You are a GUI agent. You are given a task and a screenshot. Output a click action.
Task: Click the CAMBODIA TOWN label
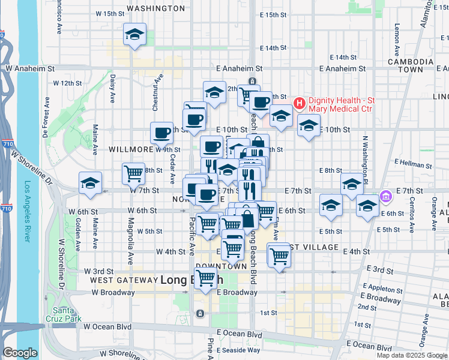pos(411,65)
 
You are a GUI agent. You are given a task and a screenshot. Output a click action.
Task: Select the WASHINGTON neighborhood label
pos(156,8)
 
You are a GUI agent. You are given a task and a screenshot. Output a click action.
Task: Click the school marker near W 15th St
pos(134,34)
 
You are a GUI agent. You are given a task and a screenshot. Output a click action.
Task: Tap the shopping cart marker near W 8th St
pos(133,173)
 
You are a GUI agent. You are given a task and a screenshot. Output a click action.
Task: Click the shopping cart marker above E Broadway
pos(206,278)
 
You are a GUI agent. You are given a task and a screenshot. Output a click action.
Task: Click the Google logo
pos(20,353)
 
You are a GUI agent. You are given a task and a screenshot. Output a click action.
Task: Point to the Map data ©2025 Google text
pos(412,355)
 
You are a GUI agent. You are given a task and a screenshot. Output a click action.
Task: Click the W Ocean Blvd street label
pos(107,326)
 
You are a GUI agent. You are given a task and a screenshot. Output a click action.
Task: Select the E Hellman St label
pos(414,163)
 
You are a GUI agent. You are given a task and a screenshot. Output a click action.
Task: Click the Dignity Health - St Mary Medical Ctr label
pos(341,104)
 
